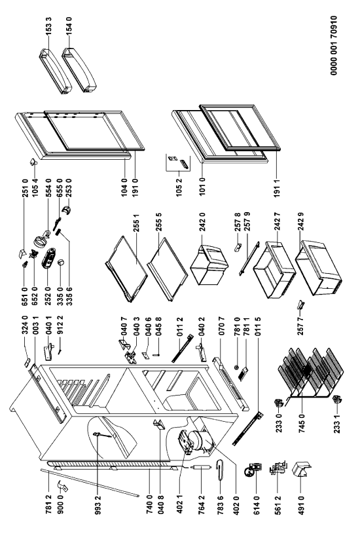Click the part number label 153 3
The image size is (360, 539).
pos(49,26)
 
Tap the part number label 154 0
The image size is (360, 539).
pos(69,26)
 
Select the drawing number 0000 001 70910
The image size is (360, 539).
pos(334,45)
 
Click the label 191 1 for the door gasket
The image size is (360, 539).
pos(278,187)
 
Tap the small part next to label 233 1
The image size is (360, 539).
pos(336,400)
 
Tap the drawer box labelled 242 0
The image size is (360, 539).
pos(208,264)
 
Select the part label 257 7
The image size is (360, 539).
pos(301,325)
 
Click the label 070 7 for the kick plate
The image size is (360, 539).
pos(222,326)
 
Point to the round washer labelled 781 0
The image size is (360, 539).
pos(237,367)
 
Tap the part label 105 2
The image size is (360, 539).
pos(179,188)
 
